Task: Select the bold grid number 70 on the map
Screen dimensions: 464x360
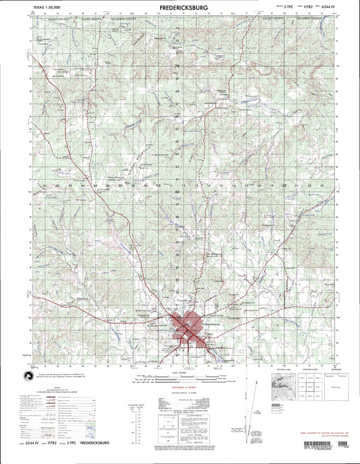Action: pyautogui.click(x=178, y=66)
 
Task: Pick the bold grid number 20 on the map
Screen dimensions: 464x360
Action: pyautogui.click(x=286, y=183)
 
